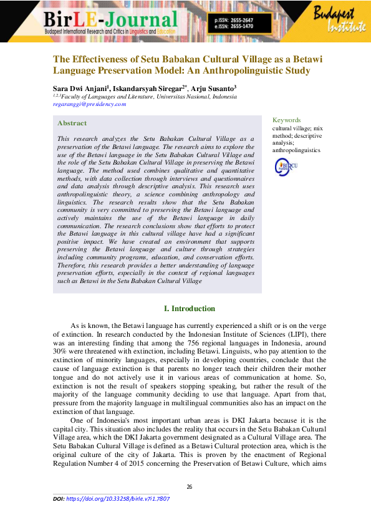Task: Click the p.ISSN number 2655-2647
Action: click(x=258, y=21)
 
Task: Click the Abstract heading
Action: click(x=72, y=123)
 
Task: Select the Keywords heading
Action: click(x=287, y=120)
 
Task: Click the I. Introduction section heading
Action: click(x=189, y=309)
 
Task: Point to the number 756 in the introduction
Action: click(x=231, y=343)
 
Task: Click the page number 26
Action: click(x=190, y=487)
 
